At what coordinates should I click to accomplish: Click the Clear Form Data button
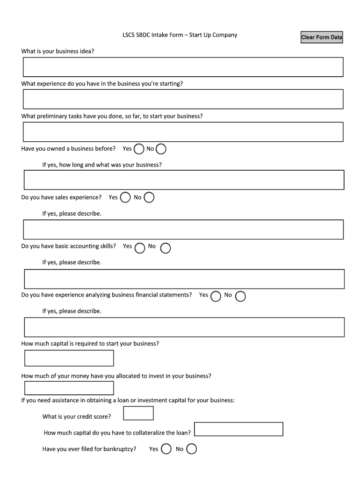click(x=322, y=37)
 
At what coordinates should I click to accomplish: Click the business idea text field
click(x=183, y=67)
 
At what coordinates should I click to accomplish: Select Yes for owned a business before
click(x=139, y=149)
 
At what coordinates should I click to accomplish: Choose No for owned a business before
click(x=161, y=149)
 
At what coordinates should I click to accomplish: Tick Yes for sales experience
click(x=125, y=197)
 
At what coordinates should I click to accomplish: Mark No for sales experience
click(x=149, y=197)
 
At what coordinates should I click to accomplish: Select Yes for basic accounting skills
click(x=139, y=248)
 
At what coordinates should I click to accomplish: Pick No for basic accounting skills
click(x=166, y=248)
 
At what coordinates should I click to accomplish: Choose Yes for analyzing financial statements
click(x=216, y=296)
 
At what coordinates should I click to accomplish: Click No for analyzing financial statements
click(x=241, y=296)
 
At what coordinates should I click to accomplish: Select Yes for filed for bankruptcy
click(x=166, y=449)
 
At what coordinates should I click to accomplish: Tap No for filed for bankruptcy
click(x=192, y=449)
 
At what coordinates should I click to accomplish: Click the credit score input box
click(x=138, y=413)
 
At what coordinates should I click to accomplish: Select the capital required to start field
click(x=69, y=358)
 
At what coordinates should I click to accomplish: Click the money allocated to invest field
click(x=69, y=388)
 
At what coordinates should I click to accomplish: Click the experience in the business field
click(x=183, y=99)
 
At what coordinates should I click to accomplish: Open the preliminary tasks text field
click(x=183, y=132)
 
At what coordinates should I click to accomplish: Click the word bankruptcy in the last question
click(x=120, y=449)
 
